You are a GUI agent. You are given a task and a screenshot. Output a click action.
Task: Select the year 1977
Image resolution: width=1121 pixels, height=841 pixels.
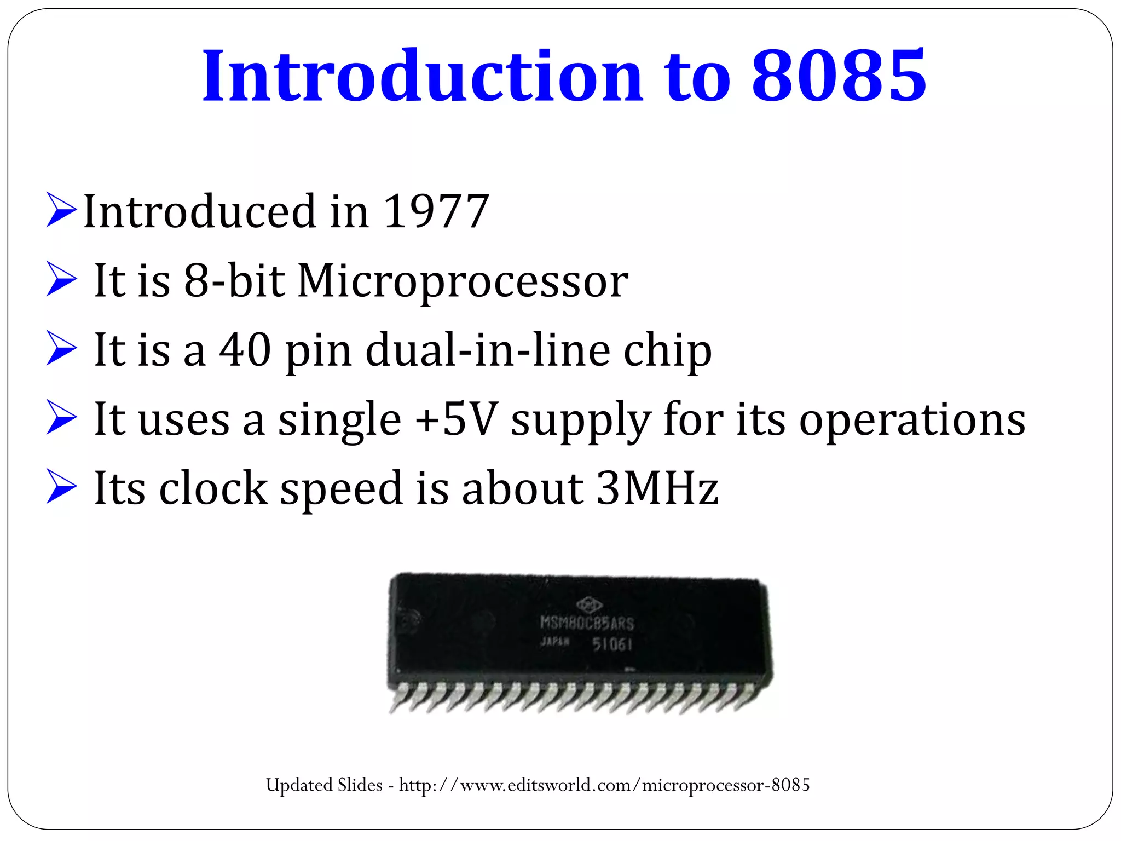[x=436, y=211]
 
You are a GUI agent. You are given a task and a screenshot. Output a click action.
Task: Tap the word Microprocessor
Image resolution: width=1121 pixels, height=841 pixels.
[x=463, y=281]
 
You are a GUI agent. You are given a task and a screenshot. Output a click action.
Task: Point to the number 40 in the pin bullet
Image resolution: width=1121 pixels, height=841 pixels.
[x=245, y=350]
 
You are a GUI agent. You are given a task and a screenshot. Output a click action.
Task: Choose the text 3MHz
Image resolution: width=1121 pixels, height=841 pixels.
[x=657, y=488]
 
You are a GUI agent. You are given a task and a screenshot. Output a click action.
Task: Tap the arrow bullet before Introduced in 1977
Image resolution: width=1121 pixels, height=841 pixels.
[x=61, y=210]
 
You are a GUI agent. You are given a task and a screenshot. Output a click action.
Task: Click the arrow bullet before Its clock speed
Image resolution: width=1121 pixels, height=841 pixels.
[x=61, y=486]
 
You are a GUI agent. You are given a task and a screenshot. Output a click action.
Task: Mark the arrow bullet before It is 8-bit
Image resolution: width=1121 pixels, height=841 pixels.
[x=61, y=279]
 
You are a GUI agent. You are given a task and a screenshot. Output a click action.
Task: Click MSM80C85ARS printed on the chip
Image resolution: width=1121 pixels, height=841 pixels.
[x=587, y=623]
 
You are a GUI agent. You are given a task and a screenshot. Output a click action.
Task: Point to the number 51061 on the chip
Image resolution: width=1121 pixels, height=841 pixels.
[x=612, y=644]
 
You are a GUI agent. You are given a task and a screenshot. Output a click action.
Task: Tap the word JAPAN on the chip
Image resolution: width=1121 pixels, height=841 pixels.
[x=554, y=642]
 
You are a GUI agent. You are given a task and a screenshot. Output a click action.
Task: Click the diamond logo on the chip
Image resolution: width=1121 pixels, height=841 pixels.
[x=589, y=604]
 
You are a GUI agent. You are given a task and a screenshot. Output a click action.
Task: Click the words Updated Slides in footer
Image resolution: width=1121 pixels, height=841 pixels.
[x=324, y=785]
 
